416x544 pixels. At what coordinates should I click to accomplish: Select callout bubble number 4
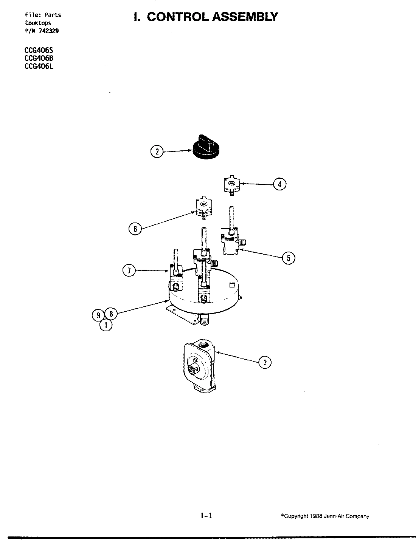(279, 184)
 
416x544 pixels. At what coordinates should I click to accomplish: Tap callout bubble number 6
(135, 228)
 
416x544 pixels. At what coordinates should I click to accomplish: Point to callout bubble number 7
(129, 270)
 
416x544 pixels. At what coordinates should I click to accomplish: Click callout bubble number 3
(265, 362)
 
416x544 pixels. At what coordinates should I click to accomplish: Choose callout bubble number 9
(98, 314)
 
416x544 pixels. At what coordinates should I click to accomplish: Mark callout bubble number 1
(106, 325)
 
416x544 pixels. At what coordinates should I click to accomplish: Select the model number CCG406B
(39, 58)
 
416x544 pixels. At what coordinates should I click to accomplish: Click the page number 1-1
(206, 516)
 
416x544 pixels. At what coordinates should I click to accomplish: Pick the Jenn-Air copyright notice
(325, 516)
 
